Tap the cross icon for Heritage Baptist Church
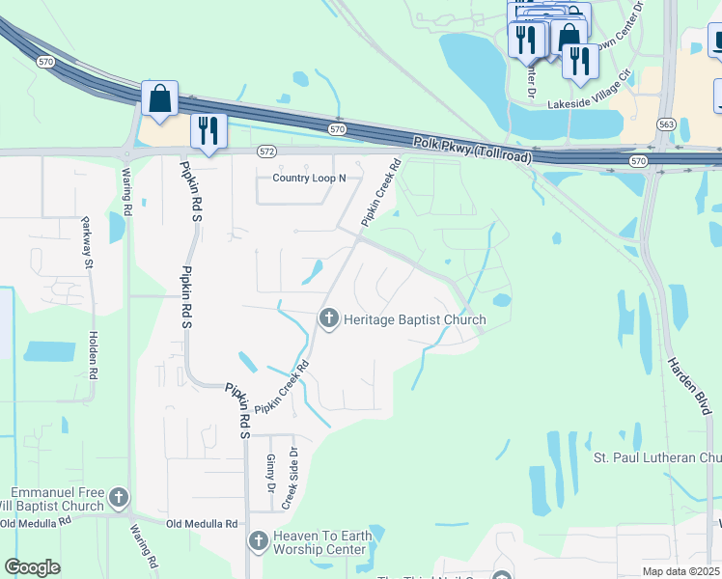coord(329,318)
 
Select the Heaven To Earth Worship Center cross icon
coord(258,541)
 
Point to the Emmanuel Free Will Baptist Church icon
coord(119,498)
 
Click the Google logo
coord(32,567)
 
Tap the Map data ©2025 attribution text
coord(680,571)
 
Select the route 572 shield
coord(267,152)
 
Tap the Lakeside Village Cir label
coord(589,103)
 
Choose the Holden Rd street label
coord(94,354)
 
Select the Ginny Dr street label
coord(271,470)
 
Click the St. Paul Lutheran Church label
coord(656,456)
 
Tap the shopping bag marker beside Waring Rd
coord(159,100)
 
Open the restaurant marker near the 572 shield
coord(208,131)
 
